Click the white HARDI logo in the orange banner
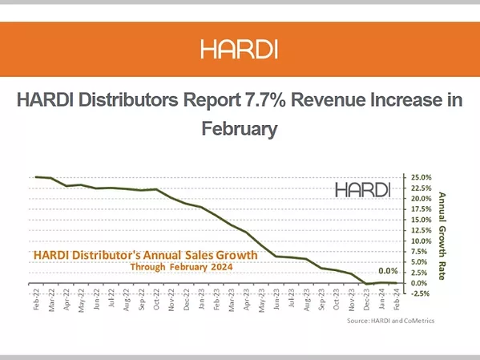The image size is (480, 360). pyautogui.click(x=240, y=50)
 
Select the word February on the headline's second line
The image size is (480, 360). pyautogui.click(x=240, y=128)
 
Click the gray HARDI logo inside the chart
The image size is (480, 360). pyautogui.click(x=362, y=190)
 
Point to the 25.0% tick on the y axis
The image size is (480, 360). pyautogui.click(x=422, y=177)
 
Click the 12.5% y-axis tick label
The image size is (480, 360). pyautogui.click(x=422, y=230)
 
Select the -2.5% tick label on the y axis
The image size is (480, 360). pyautogui.click(x=422, y=293)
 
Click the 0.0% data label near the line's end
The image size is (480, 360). pyautogui.click(x=388, y=271)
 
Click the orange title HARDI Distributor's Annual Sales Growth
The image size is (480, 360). pyautogui.click(x=145, y=255)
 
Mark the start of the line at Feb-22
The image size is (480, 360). pyautogui.click(x=37, y=176)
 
